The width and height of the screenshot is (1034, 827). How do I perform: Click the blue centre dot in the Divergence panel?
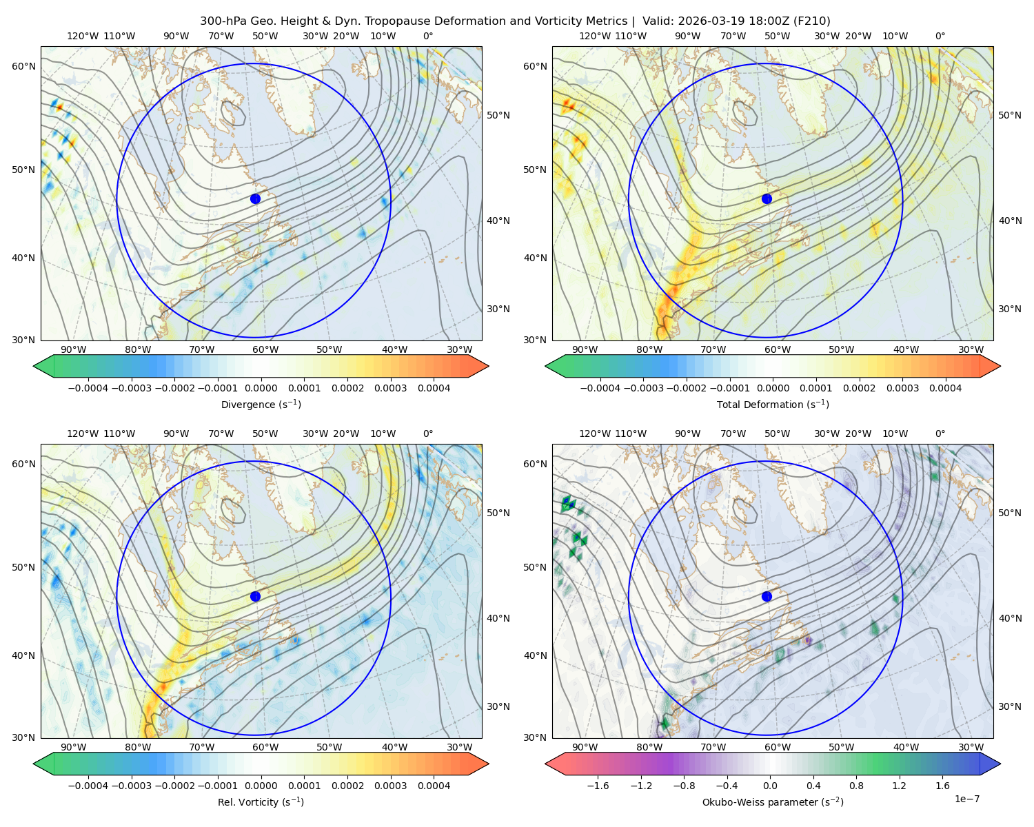coord(255,198)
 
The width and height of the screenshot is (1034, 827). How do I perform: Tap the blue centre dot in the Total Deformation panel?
coord(767,198)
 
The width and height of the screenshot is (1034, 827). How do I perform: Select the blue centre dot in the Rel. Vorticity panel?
coord(255,596)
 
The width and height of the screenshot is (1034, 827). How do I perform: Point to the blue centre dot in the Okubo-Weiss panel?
coord(767,596)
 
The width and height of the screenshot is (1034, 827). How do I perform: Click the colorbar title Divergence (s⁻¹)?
coord(261,404)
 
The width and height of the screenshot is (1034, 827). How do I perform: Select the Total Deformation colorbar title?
coord(773,404)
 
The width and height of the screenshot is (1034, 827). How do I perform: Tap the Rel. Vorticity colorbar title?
coord(261,802)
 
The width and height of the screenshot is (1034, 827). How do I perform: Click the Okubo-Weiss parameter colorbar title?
coord(773,802)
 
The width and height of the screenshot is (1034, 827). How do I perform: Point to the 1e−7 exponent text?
coord(966,799)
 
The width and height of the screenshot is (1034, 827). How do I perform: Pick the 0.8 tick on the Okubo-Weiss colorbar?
coord(856,786)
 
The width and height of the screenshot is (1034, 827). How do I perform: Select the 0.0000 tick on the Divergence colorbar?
coord(261,388)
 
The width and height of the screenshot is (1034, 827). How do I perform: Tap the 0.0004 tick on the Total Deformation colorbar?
coord(946,388)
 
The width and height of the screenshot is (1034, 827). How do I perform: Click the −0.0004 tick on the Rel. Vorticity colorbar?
coord(88,786)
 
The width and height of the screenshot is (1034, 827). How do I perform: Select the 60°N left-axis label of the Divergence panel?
coord(23,66)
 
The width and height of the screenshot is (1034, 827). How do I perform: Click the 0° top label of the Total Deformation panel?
coord(940,36)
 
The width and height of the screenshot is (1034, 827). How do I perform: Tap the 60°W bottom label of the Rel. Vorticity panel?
coord(265,747)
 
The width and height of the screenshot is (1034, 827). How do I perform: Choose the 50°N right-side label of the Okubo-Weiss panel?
coord(1009,513)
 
